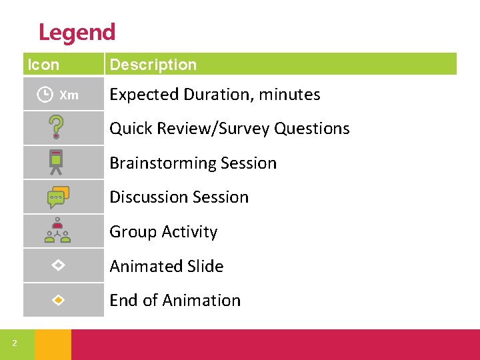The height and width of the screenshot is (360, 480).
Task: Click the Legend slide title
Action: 77,32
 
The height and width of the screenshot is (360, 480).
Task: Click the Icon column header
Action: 43,65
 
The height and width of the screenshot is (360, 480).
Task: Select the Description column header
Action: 153,65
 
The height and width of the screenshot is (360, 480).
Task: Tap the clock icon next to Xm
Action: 45,95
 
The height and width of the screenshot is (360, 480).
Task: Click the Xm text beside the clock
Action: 69,95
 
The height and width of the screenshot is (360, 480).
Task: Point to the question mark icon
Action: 57,127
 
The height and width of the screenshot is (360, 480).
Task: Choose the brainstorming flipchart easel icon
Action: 57,162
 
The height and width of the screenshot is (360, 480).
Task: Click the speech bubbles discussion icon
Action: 58,197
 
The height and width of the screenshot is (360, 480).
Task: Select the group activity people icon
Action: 57,231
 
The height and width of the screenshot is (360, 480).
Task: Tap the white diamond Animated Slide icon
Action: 58,265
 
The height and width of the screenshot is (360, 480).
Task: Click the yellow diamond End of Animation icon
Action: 58,300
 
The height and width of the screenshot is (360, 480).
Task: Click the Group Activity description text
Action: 163,232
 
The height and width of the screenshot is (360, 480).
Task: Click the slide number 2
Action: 14,344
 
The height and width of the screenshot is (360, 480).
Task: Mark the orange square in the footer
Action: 53,344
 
